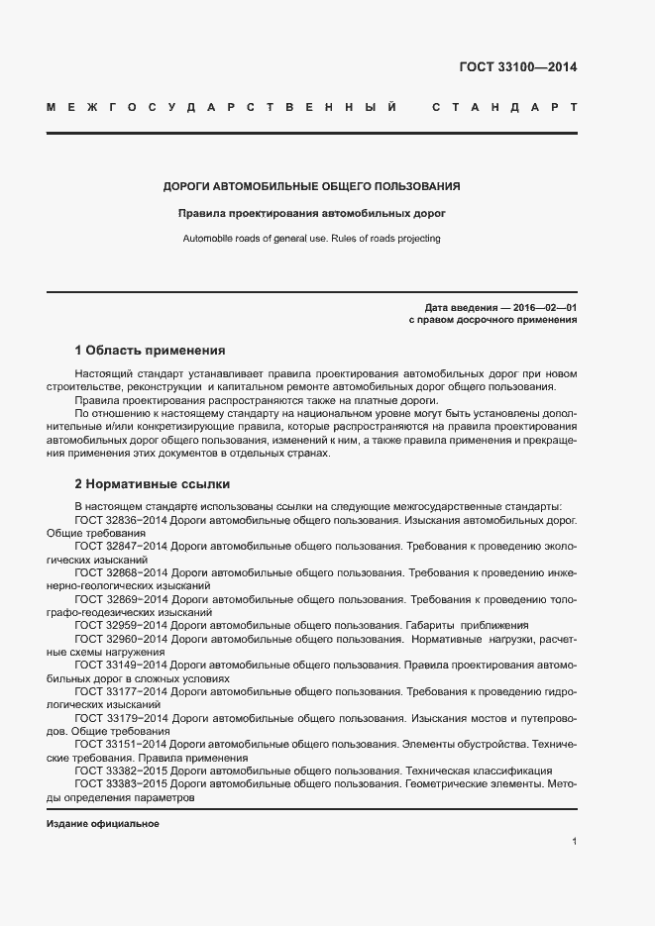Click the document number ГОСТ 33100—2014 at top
point(517,67)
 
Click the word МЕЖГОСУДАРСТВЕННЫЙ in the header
point(222,106)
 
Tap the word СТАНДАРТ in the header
point(504,106)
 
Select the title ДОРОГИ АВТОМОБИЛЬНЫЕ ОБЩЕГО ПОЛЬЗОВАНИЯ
point(311,185)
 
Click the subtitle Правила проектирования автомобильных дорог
point(311,212)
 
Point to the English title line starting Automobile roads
point(311,239)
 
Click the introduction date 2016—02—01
point(544,308)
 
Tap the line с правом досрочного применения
point(492,320)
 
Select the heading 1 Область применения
point(150,351)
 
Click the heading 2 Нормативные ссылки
point(152,484)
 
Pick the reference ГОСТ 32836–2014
point(120,519)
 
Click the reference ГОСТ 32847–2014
point(120,546)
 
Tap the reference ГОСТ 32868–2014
point(120,572)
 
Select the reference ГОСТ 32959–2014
point(120,626)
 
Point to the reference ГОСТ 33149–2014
point(120,666)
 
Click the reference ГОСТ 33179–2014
point(120,717)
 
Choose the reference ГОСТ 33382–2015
point(120,771)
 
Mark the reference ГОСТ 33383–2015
point(120,783)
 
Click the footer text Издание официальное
point(103,824)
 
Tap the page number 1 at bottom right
point(574,842)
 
